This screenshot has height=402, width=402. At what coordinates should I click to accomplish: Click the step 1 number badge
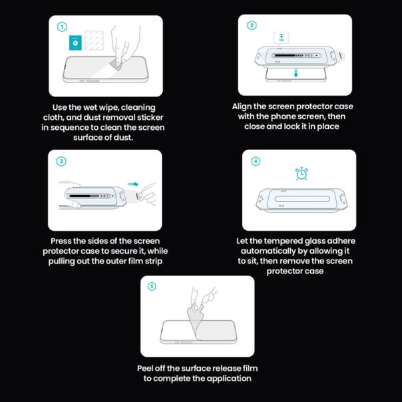[62, 27]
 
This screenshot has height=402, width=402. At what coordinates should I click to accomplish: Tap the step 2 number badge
[252, 26]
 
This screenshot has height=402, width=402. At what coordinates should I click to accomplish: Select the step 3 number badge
[61, 161]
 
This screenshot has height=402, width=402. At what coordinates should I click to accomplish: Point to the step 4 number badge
[256, 161]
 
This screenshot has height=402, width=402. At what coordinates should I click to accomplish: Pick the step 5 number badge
[152, 286]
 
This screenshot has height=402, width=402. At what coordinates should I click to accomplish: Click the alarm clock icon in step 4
[301, 174]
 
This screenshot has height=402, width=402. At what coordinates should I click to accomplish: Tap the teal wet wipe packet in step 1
[76, 43]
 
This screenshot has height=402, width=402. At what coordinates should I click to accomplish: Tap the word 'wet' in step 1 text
[89, 106]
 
